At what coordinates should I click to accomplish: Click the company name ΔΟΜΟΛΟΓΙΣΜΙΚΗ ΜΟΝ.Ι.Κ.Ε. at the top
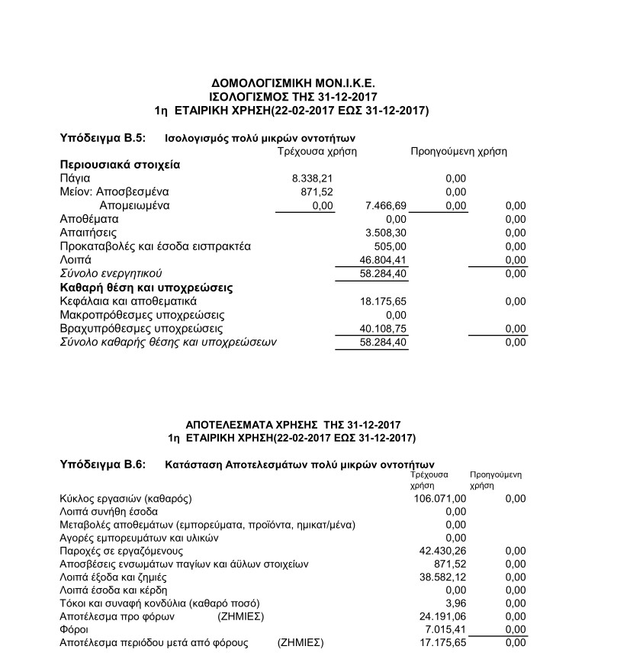pos(293,82)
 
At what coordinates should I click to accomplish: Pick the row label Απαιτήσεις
pos(88,233)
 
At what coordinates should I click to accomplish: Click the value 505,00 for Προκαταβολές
pos(392,246)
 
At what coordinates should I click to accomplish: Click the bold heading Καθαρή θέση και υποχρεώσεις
pos(146,288)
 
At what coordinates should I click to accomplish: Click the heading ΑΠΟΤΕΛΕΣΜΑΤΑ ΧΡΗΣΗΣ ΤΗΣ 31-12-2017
pos(293,424)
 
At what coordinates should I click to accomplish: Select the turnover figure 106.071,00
pos(439,498)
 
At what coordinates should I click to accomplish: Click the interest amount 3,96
pos(455,603)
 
